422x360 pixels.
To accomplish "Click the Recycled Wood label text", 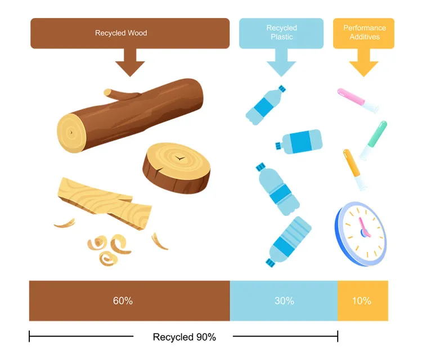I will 121,33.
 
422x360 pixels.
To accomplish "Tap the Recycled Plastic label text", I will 281,33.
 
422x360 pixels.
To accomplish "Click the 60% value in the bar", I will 123,301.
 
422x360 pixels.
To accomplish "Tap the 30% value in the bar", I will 284,301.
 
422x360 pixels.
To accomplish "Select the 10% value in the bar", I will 362,301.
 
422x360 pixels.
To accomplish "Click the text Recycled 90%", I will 184,337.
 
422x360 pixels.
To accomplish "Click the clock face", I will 361,232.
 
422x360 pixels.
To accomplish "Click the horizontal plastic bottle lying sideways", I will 299,141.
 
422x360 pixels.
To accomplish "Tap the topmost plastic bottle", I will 266,105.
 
